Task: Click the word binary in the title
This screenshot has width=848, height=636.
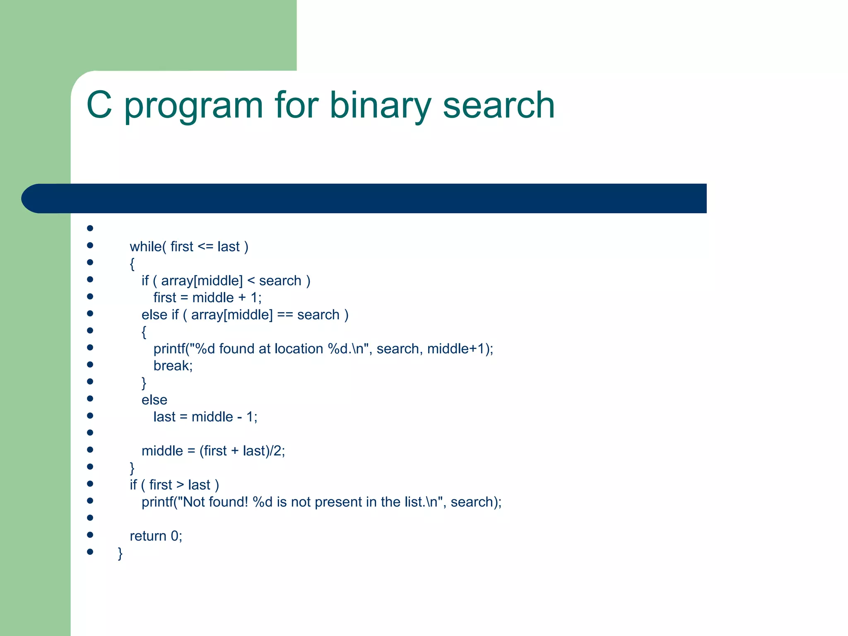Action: [x=380, y=106]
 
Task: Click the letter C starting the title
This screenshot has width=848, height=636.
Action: [x=99, y=106]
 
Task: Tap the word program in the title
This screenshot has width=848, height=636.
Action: [x=193, y=107]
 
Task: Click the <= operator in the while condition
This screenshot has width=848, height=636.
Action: [x=205, y=247]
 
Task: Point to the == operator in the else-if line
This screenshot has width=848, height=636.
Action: [x=285, y=315]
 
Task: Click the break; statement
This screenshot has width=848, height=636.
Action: [x=173, y=366]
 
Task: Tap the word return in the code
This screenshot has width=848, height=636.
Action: [x=148, y=536]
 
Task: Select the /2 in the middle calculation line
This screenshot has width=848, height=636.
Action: [x=276, y=451]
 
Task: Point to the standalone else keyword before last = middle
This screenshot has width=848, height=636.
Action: [x=154, y=400]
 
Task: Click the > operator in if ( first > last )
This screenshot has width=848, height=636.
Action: [x=180, y=485]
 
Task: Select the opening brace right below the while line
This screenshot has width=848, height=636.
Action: [x=132, y=264]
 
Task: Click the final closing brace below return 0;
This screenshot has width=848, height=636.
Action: [x=120, y=554]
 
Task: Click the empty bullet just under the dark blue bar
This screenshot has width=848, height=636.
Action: [x=90, y=228]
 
